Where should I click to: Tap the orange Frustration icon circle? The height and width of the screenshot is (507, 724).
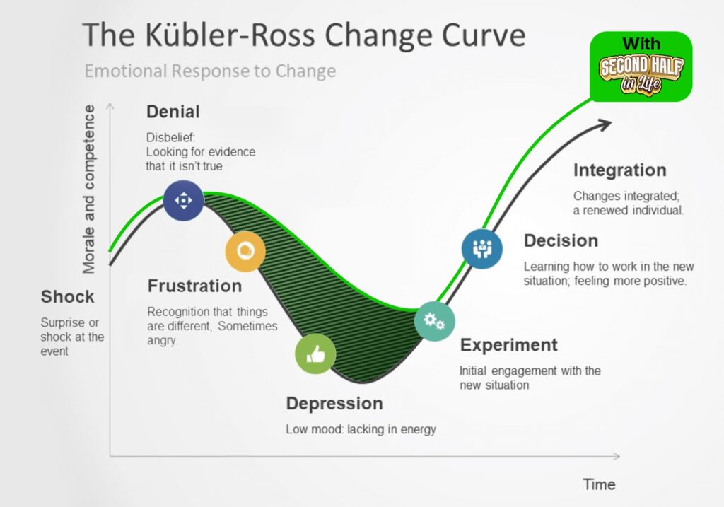coord(245,251)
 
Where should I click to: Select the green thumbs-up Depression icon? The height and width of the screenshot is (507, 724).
coord(315,354)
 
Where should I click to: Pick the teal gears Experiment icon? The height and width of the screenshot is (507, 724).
coord(434,321)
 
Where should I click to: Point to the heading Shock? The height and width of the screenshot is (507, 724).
coord(67,296)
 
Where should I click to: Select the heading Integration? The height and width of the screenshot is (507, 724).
coord(619,170)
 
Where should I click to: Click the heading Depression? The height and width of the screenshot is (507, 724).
coord(334,404)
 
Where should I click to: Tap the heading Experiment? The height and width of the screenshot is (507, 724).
coord(508,345)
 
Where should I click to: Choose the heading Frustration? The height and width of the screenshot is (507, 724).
coord(194,286)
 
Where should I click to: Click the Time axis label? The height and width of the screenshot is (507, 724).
coord(599,484)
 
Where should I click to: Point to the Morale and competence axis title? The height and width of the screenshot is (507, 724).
coord(89,189)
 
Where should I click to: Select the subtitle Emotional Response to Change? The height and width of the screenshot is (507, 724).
coord(210,71)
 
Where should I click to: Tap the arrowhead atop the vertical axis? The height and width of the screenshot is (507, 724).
coord(110,106)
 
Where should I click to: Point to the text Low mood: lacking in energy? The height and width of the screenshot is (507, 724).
coord(361,429)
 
